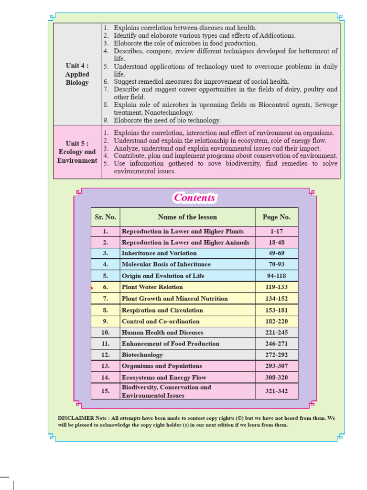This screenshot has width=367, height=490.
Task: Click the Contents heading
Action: tap(194, 198)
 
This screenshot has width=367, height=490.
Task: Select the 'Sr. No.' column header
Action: tap(105, 217)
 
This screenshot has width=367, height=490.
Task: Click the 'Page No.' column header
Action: tap(276, 217)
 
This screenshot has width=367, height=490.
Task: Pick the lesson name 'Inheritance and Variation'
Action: tap(159, 253)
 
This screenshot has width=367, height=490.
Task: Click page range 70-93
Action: tap(276, 264)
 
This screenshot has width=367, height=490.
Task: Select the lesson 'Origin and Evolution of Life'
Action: tap(163, 276)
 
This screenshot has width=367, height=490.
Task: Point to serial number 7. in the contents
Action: tap(105, 299)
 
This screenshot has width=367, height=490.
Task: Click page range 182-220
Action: tap(276, 322)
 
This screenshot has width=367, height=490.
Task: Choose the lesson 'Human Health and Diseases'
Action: tap(162, 333)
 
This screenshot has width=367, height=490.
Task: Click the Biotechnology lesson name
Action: tap(142, 355)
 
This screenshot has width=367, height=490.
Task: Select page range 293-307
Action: tap(276, 366)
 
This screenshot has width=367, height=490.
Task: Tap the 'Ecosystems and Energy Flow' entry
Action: tap(164, 378)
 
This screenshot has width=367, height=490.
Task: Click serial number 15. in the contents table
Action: tap(105, 391)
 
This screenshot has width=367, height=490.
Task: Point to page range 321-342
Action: tap(276, 391)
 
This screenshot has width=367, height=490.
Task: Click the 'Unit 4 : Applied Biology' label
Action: tap(77, 74)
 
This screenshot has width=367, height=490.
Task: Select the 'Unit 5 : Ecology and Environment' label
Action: tap(77, 152)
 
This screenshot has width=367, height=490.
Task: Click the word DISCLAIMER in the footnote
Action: tap(76, 418)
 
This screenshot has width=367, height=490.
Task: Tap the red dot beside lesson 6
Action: tap(91, 289)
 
